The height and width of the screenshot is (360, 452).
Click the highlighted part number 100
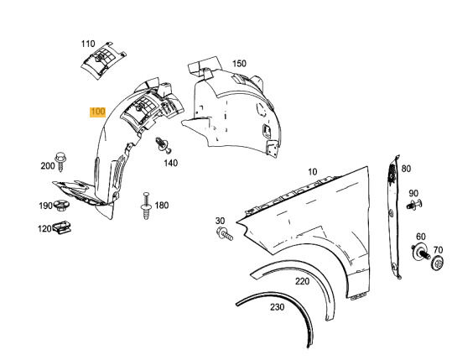(97, 111)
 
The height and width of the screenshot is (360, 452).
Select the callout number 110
(89, 43)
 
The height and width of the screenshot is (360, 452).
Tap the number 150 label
(239, 64)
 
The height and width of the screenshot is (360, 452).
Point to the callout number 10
(312, 172)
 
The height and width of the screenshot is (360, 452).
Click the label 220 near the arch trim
(302, 281)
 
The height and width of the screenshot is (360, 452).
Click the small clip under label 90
(414, 203)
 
